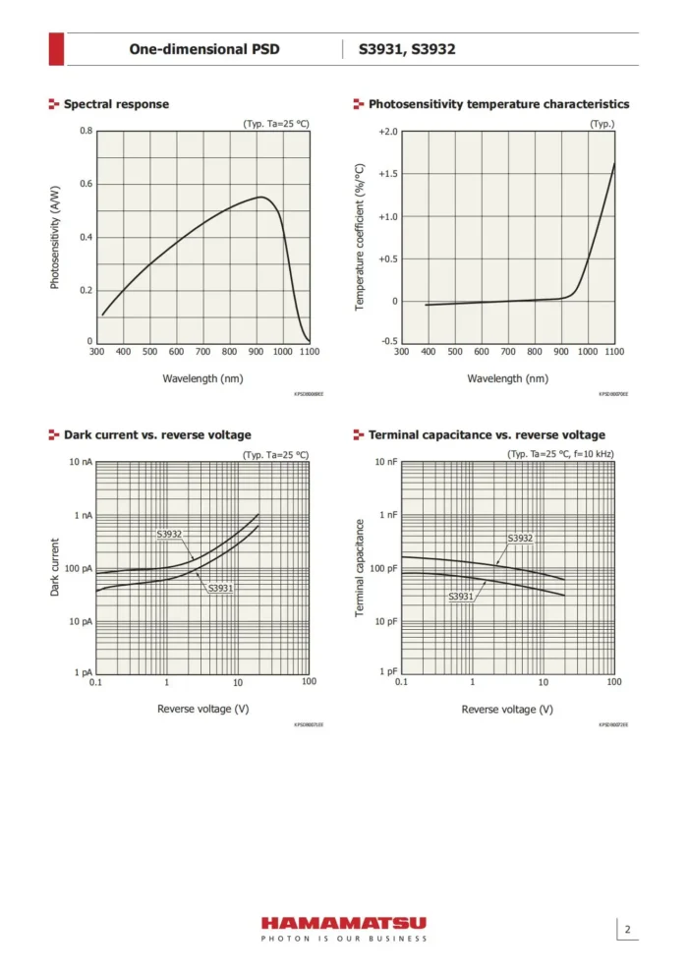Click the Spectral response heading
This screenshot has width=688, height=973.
tap(116, 104)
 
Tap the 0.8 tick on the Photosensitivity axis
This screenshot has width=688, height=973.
tap(86, 132)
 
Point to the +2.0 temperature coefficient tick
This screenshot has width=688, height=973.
tap(388, 132)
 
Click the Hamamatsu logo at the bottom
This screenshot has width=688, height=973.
tap(343, 924)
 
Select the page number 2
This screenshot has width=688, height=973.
tap(627, 930)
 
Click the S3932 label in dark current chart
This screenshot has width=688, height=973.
tap(170, 535)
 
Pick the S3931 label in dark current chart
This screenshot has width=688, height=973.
tap(220, 588)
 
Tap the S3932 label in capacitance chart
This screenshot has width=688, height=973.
tap(520, 539)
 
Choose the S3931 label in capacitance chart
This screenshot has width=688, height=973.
tap(461, 597)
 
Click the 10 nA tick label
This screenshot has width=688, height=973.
tap(81, 462)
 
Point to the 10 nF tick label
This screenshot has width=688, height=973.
tap(386, 462)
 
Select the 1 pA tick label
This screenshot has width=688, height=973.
tap(83, 673)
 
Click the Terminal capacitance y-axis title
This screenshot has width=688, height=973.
tap(361, 568)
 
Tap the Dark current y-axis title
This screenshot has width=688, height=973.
tap(56, 567)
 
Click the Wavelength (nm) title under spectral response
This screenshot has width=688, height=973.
tap(202, 377)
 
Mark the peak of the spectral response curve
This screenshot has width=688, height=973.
tap(261, 197)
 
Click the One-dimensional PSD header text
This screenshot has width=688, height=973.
tap(204, 49)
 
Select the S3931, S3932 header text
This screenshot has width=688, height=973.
tap(407, 49)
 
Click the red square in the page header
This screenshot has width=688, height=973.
tap(57, 49)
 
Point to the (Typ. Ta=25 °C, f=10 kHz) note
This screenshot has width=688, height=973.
tap(560, 454)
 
